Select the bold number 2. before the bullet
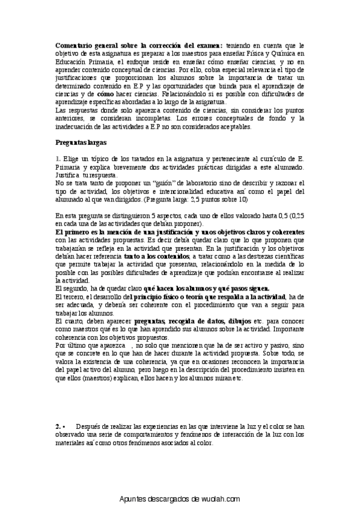[58, 426]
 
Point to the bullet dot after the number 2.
[64, 426]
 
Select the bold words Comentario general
[88, 45]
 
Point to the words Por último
[70, 346]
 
